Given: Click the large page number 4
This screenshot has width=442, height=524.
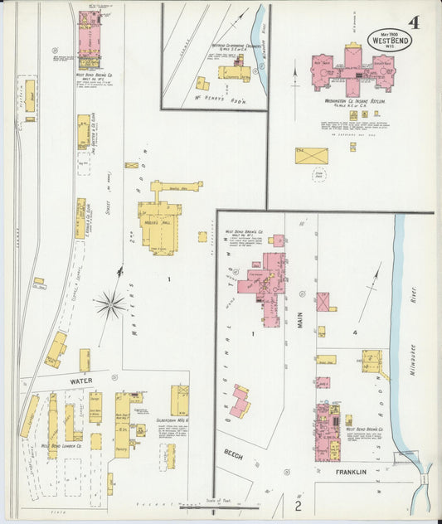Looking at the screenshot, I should coord(412,21).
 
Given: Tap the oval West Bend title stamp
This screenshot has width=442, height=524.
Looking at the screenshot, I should coord(388,39).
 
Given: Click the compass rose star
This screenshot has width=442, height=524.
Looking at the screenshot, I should coord(110,305).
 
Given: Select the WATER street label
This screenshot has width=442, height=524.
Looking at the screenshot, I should coord(81,381).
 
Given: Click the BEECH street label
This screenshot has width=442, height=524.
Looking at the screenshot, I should coord(231,454).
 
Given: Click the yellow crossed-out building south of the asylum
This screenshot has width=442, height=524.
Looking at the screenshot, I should coord(312,155).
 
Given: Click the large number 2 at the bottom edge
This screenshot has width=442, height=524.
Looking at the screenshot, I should coord(299,504).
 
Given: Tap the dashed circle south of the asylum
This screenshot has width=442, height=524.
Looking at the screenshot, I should coord(319,175).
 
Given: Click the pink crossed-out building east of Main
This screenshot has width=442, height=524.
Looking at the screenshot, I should coord(323,301).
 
